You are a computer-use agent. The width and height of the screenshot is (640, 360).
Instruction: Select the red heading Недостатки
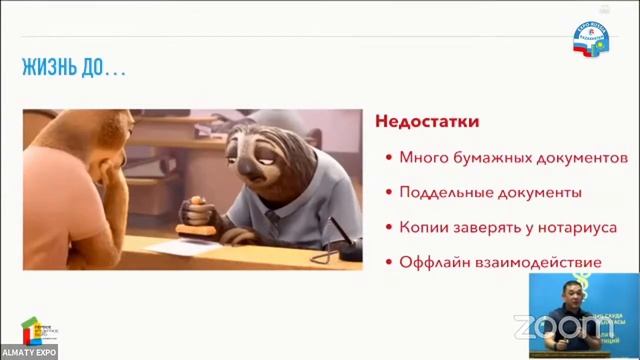pyautogui.click(x=426, y=122)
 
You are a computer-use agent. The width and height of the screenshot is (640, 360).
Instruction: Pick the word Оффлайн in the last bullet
pyautogui.click(x=429, y=262)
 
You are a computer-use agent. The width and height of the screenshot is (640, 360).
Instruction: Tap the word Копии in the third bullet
pyautogui.click(x=421, y=227)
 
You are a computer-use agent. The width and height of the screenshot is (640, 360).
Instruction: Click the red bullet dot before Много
pyautogui.click(x=388, y=158)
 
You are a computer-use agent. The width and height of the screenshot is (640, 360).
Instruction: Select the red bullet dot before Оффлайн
pyautogui.click(x=388, y=263)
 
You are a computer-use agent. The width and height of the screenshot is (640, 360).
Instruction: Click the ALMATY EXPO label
pyautogui.click(x=28, y=352)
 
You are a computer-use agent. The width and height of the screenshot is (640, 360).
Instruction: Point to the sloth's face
pyautogui.click(x=263, y=150)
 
